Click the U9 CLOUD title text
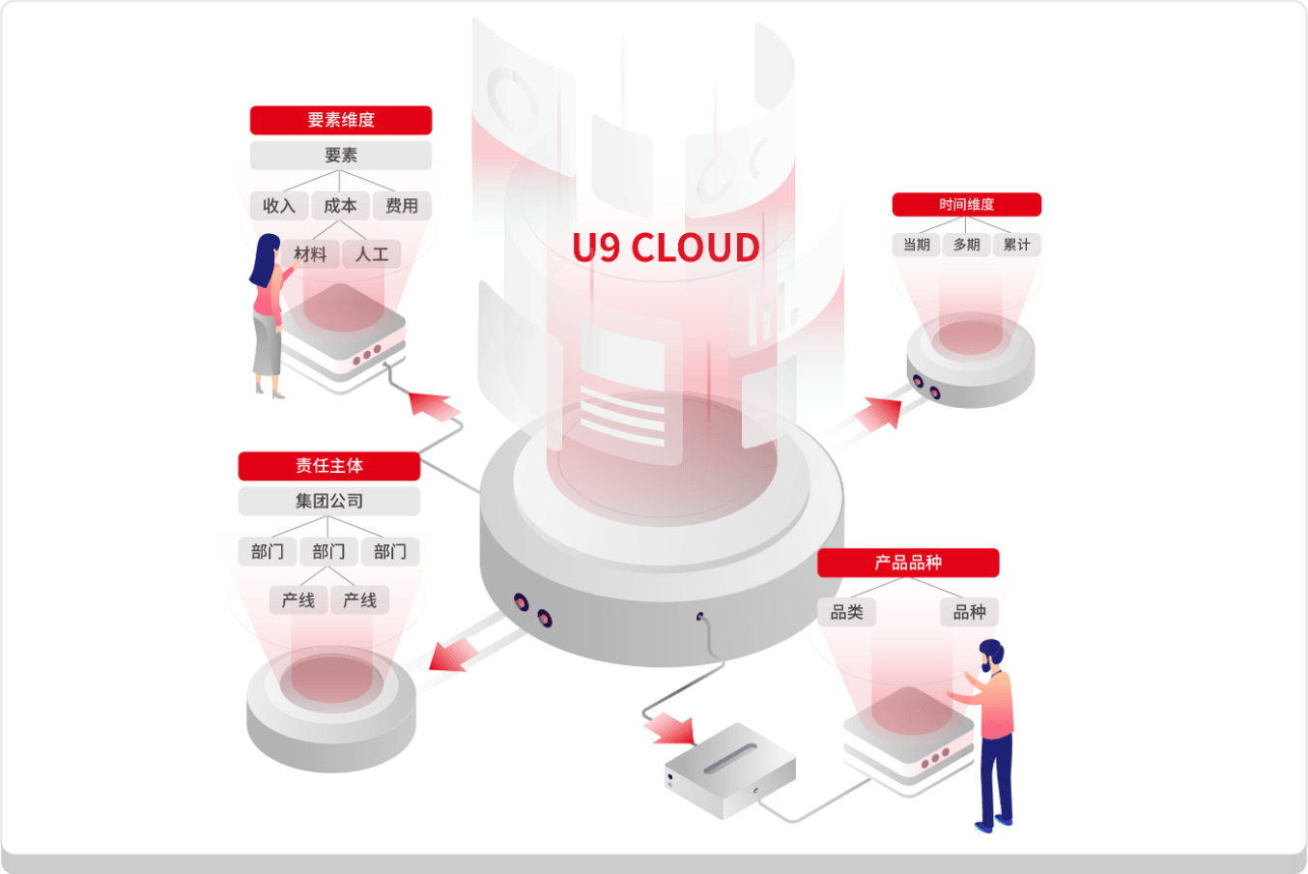click(666, 248)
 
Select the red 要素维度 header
click(340, 120)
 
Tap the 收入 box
click(279, 206)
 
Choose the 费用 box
click(402, 206)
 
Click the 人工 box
click(372, 254)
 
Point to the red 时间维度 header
click(966, 205)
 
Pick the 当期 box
click(916, 245)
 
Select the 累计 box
click(1016, 245)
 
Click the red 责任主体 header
click(328, 466)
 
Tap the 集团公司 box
click(328, 501)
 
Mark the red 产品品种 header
click(907, 563)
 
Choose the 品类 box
click(847, 612)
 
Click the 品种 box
click(969, 612)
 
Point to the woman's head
click(266, 249)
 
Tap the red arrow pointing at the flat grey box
click(669, 728)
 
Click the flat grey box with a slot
click(730, 770)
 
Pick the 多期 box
click(966, 245)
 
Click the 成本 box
click(340, 206)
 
